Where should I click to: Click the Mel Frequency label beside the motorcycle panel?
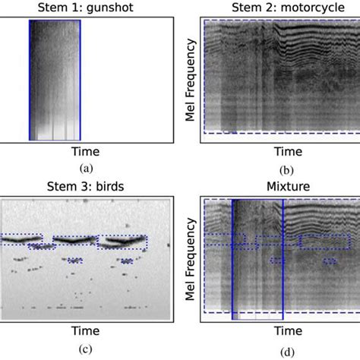pyautogui.click(x=190, y=79)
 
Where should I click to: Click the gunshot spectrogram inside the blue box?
pyautogui.click(x=55, y=80)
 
